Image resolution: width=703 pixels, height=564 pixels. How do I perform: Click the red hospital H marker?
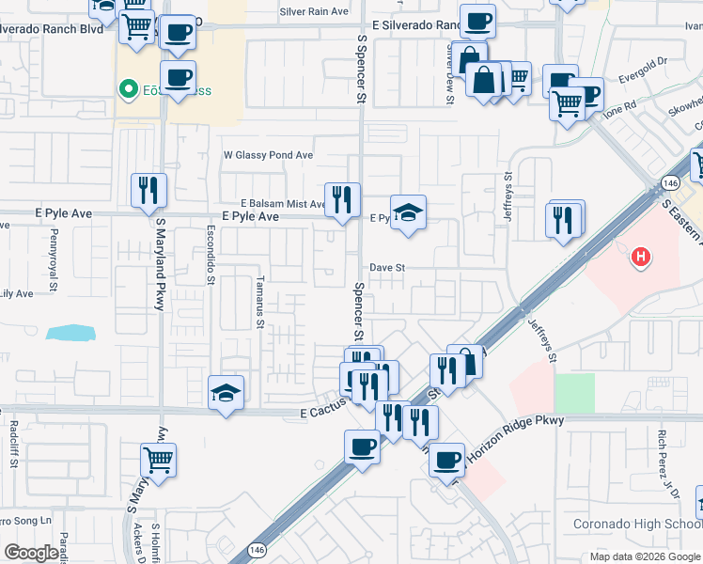point(640,256)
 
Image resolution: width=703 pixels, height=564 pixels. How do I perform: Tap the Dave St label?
point(386,268)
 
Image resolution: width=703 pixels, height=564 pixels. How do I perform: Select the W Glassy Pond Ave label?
point(267,155)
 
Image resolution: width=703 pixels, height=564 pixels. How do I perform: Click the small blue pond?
point(70,332)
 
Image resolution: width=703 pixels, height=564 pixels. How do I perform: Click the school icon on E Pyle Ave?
point(409,213)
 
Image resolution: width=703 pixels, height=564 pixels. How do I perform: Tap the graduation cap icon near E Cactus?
point(226,392)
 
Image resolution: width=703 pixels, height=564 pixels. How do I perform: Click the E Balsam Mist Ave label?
point(282,203)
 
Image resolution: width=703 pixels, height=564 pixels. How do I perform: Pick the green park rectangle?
point(574,393)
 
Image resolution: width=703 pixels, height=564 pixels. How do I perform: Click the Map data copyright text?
point(645,556)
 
